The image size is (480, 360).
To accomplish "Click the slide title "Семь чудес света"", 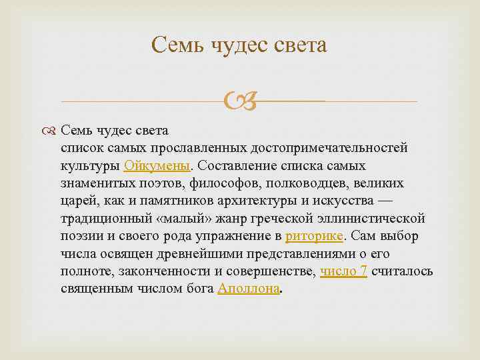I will (239, 45).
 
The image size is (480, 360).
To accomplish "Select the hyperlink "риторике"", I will (314, 235).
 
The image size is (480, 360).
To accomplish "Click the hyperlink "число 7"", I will (343, 271).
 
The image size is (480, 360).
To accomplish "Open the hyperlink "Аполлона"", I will (249, 289).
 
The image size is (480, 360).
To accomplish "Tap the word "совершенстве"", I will (273, 271).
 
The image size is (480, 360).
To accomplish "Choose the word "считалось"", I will (402, 271).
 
